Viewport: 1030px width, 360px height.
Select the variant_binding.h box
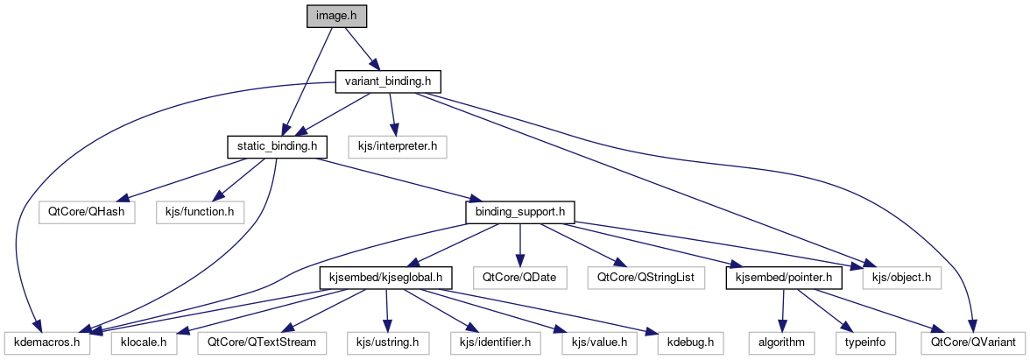(388, 81)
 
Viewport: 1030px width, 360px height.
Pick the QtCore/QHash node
(87, 211)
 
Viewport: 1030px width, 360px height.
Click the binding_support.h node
(520, 211)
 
